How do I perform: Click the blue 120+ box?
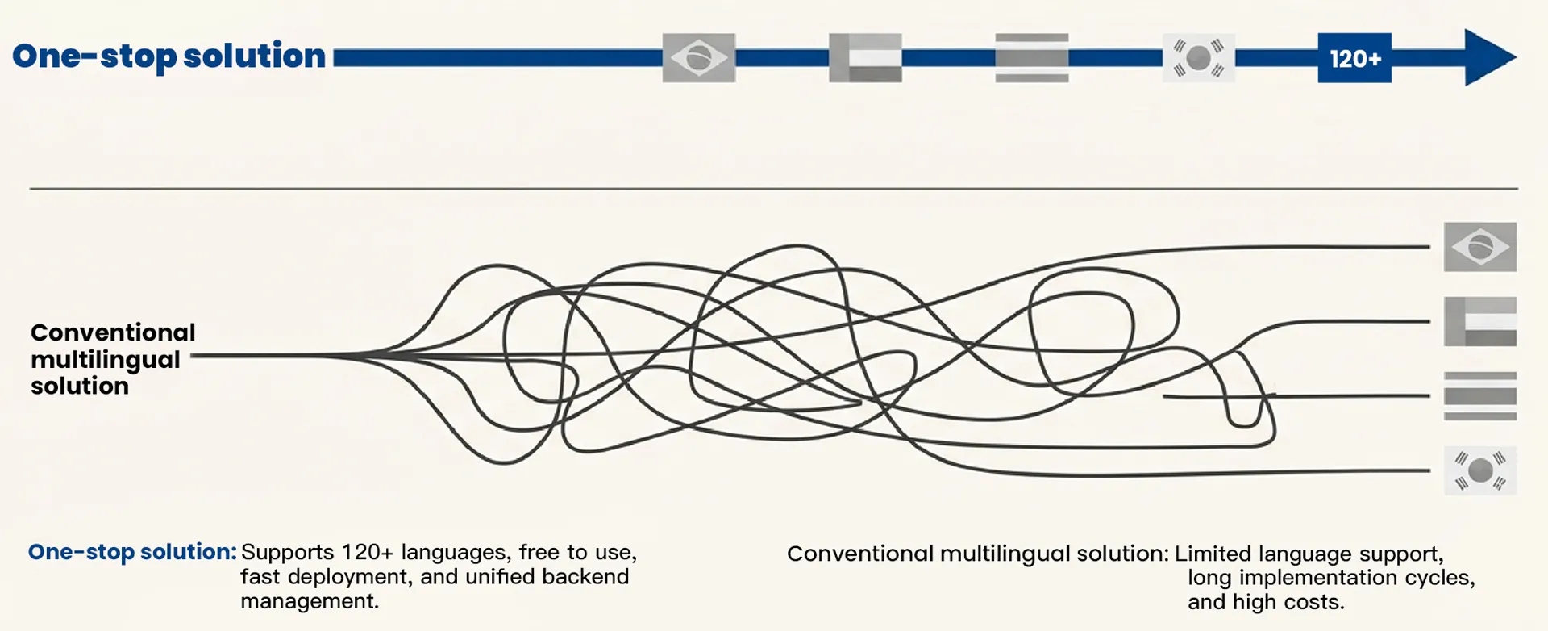[1354, 58]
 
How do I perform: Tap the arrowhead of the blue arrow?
[1489, 57]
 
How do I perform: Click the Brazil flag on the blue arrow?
[698, 58]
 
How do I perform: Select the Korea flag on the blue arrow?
[1198, 58]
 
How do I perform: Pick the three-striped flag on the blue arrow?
[1031, 58]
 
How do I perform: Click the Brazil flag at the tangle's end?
[1479, 247]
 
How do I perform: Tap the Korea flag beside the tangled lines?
[1479, 470]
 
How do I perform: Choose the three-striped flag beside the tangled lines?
[1479, 396]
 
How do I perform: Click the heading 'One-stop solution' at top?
[169, 56]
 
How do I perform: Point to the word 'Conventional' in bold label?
[113, 332]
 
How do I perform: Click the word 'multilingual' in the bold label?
[106, 359]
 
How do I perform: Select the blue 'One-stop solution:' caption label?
[132, 552]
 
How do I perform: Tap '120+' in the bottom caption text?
[367, 553]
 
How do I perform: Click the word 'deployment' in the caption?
[348, 577]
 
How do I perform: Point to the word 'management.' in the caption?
[310, 601]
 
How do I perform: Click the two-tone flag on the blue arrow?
[865, 58]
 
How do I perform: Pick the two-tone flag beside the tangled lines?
[1479, 321]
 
